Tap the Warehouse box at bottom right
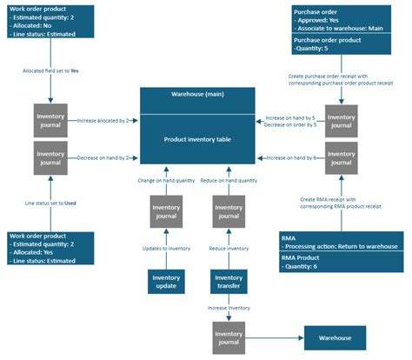pyautogui.click(x=334, y=337)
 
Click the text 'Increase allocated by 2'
pyautogui.click(x=103, y=121)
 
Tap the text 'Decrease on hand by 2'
pyautogui.click(x=103, y=158)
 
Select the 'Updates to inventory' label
pyautogui.click(x=166, y=248)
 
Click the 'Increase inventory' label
pyautogui.click(x=229, y=307)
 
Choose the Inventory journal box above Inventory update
pyautogui.click(x=165, y=211)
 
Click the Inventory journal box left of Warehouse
pyautogui.click(x=228, y=337)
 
